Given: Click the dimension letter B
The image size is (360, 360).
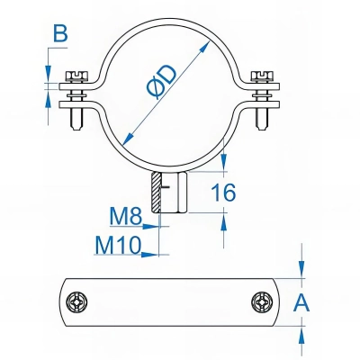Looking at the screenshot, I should pyautogui.click(x=60, y=34).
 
